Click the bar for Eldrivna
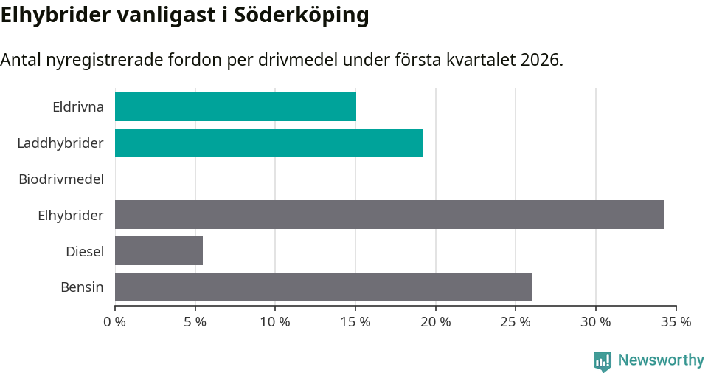click(x=235, y=106)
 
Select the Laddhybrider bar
click(x=268, y=143)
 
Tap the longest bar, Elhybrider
click(x=389, y=214)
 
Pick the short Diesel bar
click(x=159, y=251)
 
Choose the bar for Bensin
click(x=323, y=287)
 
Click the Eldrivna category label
click(x=78, y=106)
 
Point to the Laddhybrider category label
click(x=60, y=143)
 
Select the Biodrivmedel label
click(x=61, y=179)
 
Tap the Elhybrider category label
click(x=71, y=215)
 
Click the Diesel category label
click(x=85, y=251)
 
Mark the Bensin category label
click(x=82, y=287)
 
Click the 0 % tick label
click(x=115, y=322)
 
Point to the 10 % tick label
click(x=275, y=322)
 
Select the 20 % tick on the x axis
click(x=435, y=322)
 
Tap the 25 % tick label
click(x=516, y=322)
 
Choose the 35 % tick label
click(x=676, y=322)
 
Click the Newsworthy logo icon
click(x=603, y=360)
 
